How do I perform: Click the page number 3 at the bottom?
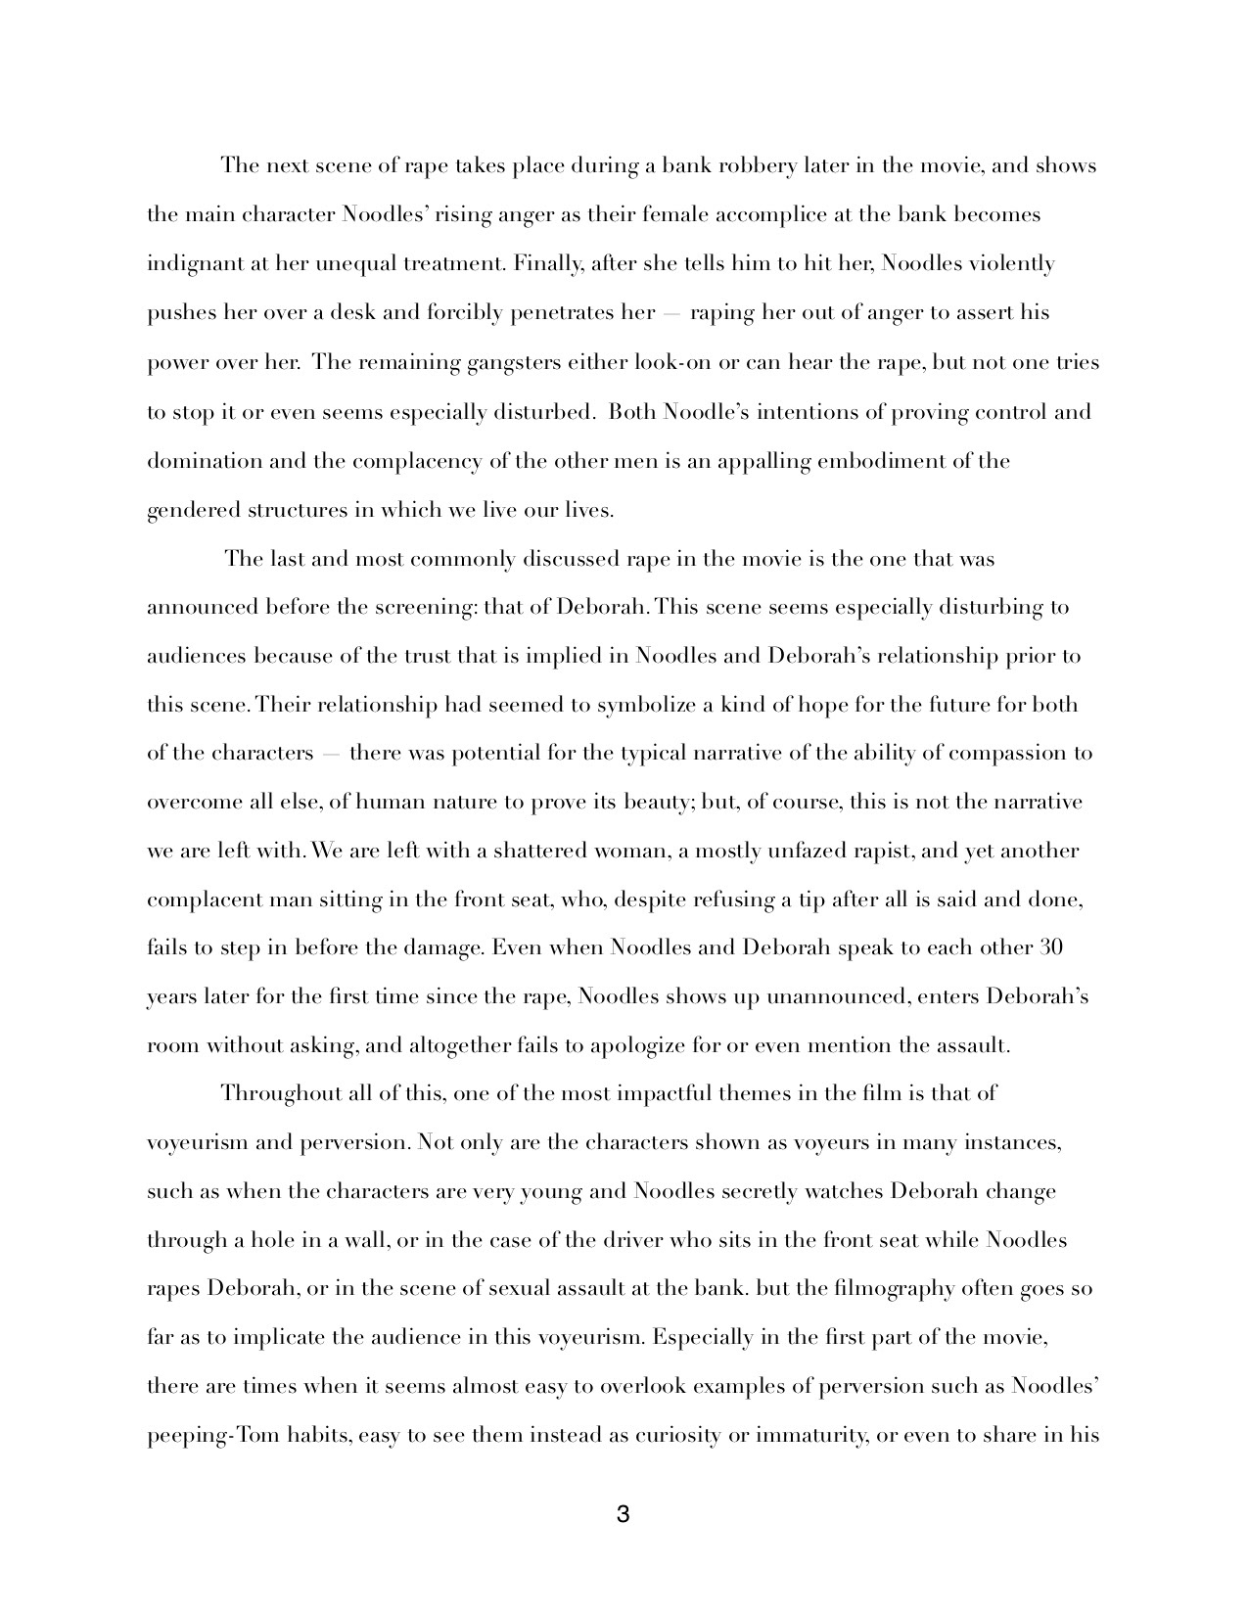pos(624,1516)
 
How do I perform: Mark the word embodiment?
pos(879,461)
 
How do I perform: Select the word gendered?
pos(190,511)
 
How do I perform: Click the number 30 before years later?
pos(1049,947)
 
